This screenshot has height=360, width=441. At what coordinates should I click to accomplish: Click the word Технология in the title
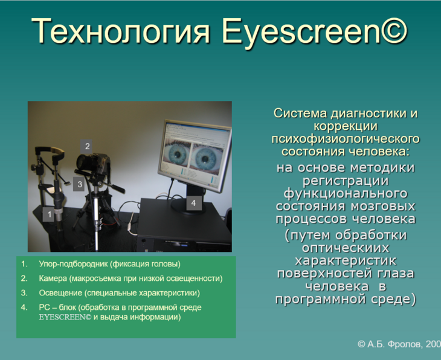[121, 31]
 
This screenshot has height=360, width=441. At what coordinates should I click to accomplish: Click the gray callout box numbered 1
[49, 214]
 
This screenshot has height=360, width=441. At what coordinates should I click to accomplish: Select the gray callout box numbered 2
[87, 146]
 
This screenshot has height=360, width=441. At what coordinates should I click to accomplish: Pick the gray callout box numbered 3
[79, 184]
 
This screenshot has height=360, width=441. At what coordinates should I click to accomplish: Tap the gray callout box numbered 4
[194, 203]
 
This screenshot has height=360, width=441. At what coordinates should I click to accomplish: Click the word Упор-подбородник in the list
[74, 264]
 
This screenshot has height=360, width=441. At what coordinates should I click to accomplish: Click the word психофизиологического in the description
[346, 139]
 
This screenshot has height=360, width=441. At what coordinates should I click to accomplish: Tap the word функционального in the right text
[346, 193]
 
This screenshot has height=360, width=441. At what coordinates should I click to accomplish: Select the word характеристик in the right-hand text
[346, 261]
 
